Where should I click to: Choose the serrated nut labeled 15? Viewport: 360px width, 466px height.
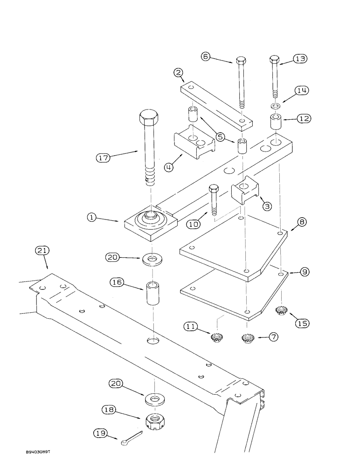(281, 309)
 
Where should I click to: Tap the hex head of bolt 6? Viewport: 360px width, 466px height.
(241, 61)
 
